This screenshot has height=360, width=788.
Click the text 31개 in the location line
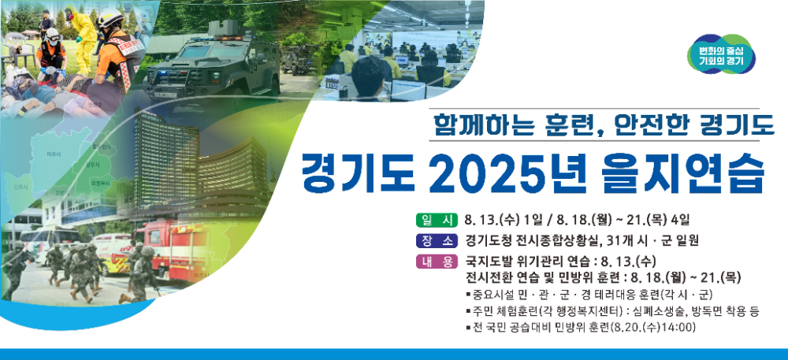pos(626,240)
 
